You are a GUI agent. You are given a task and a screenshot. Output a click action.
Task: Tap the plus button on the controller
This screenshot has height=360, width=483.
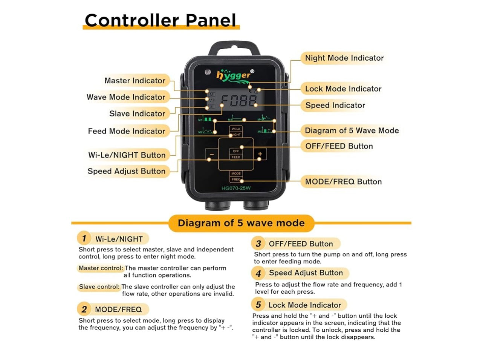260,154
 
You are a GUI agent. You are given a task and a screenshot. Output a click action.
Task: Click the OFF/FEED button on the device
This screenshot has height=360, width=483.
236,154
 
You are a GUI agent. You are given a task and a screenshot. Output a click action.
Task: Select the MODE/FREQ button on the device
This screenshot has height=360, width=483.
236,176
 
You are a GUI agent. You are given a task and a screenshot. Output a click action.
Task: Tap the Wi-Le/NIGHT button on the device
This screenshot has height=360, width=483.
236,132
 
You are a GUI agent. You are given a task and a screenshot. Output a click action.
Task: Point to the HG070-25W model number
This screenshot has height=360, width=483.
236,188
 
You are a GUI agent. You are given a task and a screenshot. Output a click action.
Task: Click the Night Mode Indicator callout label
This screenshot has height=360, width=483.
344,58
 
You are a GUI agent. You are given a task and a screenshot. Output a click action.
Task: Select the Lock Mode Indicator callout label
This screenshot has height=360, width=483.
343,89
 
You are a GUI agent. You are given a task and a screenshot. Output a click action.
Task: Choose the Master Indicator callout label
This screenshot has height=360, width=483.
135,81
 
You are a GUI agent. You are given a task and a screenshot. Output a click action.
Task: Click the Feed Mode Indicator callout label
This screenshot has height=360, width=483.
127,131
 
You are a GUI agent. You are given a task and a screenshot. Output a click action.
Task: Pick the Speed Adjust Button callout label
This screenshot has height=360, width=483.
127,171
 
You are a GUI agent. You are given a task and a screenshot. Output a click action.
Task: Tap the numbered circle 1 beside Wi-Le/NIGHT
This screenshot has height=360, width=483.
84,238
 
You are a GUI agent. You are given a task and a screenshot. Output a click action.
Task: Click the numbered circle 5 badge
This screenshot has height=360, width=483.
258,305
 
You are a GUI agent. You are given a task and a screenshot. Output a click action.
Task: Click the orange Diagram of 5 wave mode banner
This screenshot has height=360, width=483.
241,223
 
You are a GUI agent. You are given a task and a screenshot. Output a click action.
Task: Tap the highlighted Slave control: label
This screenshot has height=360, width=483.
99,286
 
